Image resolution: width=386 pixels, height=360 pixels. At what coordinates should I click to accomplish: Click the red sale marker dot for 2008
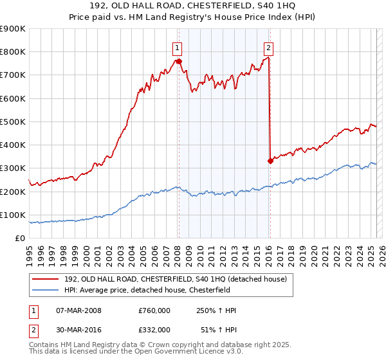(x=179, y=62)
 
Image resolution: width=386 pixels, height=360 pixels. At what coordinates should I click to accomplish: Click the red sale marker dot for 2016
(x=270, y=161)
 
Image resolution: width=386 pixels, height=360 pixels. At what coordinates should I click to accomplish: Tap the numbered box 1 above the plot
(x=176, y=47)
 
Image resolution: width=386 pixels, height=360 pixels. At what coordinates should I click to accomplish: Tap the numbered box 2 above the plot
(x=268, y=47)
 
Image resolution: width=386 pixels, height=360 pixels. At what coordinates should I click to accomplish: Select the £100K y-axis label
(x=13, y=215)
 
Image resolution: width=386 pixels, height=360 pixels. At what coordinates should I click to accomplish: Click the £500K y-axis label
(x=13, y=122)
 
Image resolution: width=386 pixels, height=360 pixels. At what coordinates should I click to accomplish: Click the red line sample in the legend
(x=46, y=278)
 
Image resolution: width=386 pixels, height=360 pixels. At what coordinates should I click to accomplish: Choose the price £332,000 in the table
(x=154, y=329)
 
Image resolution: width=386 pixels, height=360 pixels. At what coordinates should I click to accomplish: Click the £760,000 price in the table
(x=154, y=311)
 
